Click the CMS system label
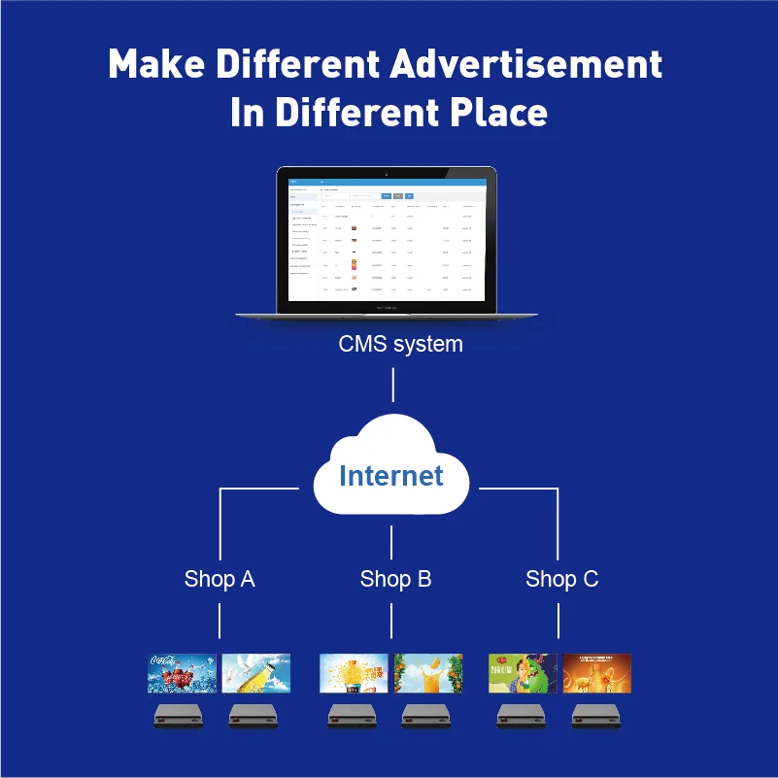click(x=400, y=344)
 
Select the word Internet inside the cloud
click(x=391, y=476)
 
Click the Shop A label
click(x=220, y=579)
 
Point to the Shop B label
click(x=395, y=579)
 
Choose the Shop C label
click(x=561, y=579)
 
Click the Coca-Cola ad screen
click(x=182, y=673)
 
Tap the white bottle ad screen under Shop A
click(x=256, y=673)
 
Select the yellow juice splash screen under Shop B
click(x=355, y=673)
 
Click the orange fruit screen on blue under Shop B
click(x=428, y=673)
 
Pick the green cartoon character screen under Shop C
click(x=523, y=673)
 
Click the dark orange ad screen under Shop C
click(x=597, y=673)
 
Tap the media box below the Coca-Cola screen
click(x=179, y=717)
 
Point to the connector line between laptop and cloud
click(x=392, y=385)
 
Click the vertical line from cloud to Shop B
click(x=391, y=541)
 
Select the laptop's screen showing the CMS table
click(x=387, y=238)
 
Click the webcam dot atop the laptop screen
click(x=387, y=174)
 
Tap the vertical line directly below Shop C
click(x=559, y=619)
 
